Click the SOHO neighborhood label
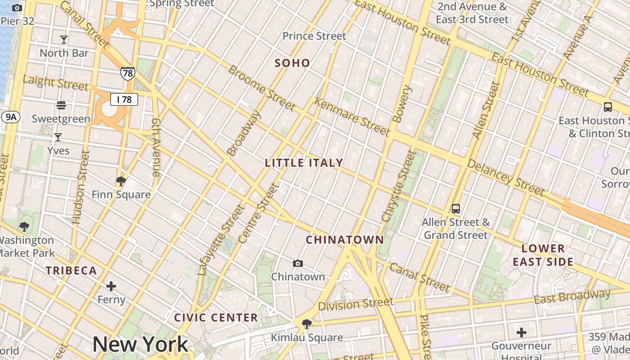tap(292, 63)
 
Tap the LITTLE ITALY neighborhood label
tap(304, 163)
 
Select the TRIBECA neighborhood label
tap(72, 270)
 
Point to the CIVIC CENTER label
tap(216, 318)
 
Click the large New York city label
tap(140, 345)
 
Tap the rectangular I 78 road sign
tap(124, 99)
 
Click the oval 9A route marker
tap(10, 117)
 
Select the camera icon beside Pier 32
tap(17, 8)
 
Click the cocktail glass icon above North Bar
tap(64, 40)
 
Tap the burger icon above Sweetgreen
tap(61, 105)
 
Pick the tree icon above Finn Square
tap(121, 181)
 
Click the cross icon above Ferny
tap(111, 286)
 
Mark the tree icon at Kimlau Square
tap(307, 324)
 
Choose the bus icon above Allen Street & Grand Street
tap(456, 209)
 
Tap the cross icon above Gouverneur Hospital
tap(522, 333)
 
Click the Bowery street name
tap(402, 104)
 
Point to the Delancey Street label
tap(506, 177)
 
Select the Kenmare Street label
tap(351, 117)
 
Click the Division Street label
tap(356, 305)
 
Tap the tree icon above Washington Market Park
tap(24, 226)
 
